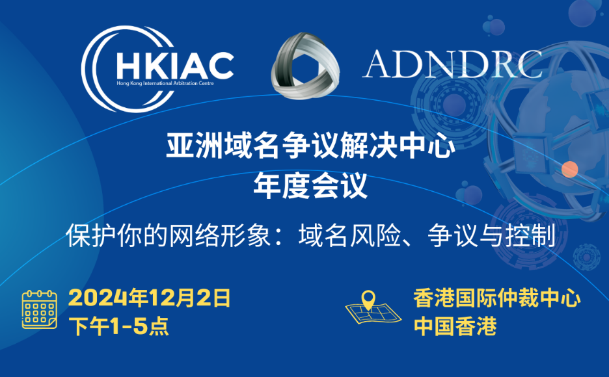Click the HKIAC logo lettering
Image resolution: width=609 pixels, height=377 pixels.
coord(175,66)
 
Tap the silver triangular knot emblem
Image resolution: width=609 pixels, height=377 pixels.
coord(305,66)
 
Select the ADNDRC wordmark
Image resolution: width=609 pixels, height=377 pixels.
coord(452,64)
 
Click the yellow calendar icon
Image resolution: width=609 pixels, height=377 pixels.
coord(40,309)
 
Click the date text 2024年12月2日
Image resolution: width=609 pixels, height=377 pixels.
coord(150,298)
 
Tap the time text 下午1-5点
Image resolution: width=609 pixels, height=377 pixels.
coord(119,326)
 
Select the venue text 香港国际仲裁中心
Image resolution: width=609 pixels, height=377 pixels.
coord(496,298)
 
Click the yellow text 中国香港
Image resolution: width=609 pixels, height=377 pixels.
coord(455,326)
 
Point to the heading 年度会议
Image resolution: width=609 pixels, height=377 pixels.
coord(310,186)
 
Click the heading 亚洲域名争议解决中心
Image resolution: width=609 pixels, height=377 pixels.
coord(310,146)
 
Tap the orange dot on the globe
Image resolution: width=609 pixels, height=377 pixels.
coord(570,170)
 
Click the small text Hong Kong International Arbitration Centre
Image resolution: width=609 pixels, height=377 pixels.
coord(165,83)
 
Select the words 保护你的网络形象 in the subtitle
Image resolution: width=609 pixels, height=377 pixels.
coord(168,235)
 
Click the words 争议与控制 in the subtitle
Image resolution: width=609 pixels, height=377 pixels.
coord(491,235)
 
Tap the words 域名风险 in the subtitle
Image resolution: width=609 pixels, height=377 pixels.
coord(349,235)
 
